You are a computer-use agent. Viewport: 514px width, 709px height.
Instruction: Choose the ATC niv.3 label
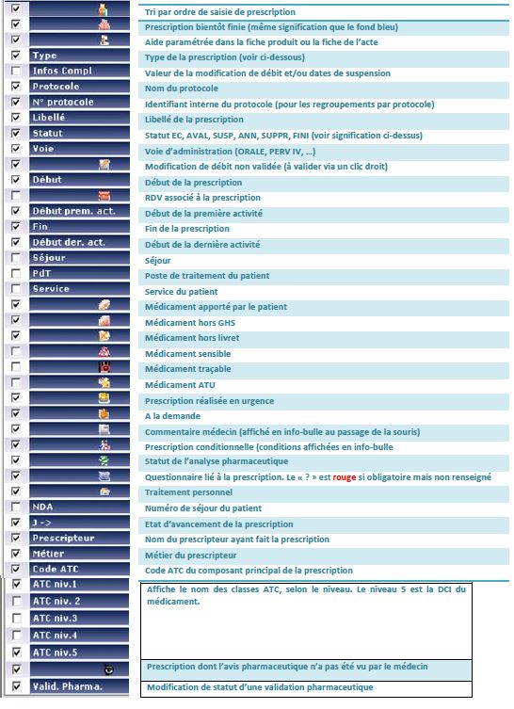[x=56, y=618]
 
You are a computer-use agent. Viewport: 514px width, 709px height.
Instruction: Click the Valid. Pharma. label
[x=68, y=686]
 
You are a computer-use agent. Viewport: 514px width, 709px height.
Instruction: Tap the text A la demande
[x=173, y=415]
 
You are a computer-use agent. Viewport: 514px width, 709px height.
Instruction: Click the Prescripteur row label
[x=62, y=539]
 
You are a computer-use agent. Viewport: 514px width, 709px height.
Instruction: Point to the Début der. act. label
[x=68, y=242]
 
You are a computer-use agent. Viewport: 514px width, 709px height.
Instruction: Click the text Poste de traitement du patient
[x=212, y=276]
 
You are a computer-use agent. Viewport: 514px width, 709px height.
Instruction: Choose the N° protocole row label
[x=63, y=102]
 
